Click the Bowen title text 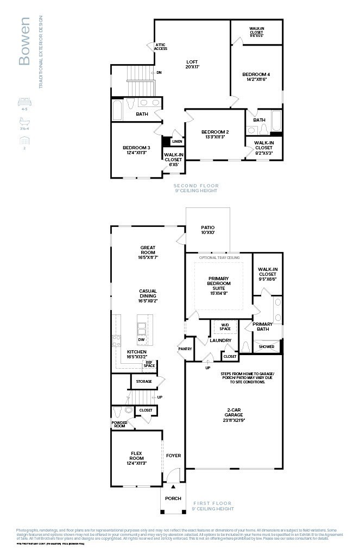pyautogui.click(x=24, y=41)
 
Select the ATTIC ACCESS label pyautogui.click(x=161, y=47)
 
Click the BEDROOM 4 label pyautogui.click(x=256, y=77)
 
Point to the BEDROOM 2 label pyautogui.click(x=215, y=134)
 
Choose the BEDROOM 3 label pyautogui.click(x=136, y=150)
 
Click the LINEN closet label pyautogui.click(x=177, y=142)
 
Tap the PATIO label pyautogui.click(x=207, y=230)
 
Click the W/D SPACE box pyautogui.click(x=225, y=327)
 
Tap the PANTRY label pyautogui.click(x=185, y=349)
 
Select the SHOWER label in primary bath pyautogui.click(x=267, y=346)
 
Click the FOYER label pyautogui.click(x=173, y=456)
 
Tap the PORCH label pyautogui.click(x=173, y=498)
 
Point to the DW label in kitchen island pyautogui.click(x=141, y=339)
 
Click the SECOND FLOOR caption pyautogui.click(x=195, y=188)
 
